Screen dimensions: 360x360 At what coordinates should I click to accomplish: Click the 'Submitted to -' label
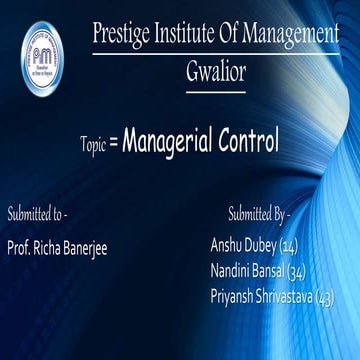click(37, 214)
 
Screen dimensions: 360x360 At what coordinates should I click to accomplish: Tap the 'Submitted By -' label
click(258, 214)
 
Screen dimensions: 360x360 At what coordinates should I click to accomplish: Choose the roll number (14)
click(289, 245)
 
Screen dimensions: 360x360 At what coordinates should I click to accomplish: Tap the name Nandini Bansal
click(247, 271)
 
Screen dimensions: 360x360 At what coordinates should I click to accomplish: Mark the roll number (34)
click(296, 271)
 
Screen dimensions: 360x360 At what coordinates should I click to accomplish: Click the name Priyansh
click(233, 296)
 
